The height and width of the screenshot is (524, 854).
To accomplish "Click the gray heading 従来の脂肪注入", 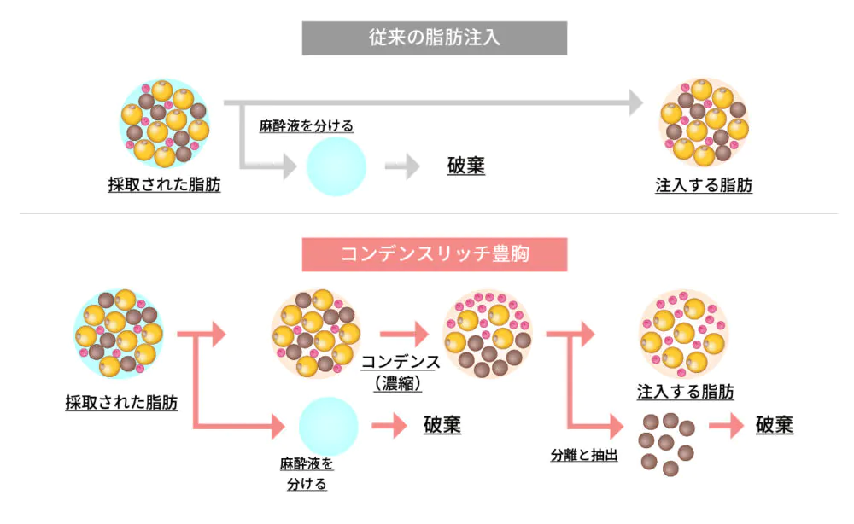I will pos(434,38).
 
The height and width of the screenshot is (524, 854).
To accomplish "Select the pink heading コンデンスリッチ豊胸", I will pos(434,254).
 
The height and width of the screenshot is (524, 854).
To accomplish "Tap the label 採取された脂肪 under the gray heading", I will pos(164,184).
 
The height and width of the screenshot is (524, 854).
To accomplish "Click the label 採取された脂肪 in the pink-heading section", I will pos(121,402).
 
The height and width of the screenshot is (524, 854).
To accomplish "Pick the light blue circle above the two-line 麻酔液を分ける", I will pos(329,426).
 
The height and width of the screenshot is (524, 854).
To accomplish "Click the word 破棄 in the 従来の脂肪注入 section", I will pos(466,166).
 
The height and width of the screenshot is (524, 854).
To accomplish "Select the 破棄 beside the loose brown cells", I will pos(775,424).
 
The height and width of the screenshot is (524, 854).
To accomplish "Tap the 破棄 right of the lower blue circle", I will pos(442,425).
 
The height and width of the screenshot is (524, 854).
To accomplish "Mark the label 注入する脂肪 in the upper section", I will pos(704,184).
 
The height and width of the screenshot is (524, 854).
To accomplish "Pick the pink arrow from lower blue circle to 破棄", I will pos(388,425).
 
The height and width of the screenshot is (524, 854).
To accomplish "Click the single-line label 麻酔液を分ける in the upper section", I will pos(307,125).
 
